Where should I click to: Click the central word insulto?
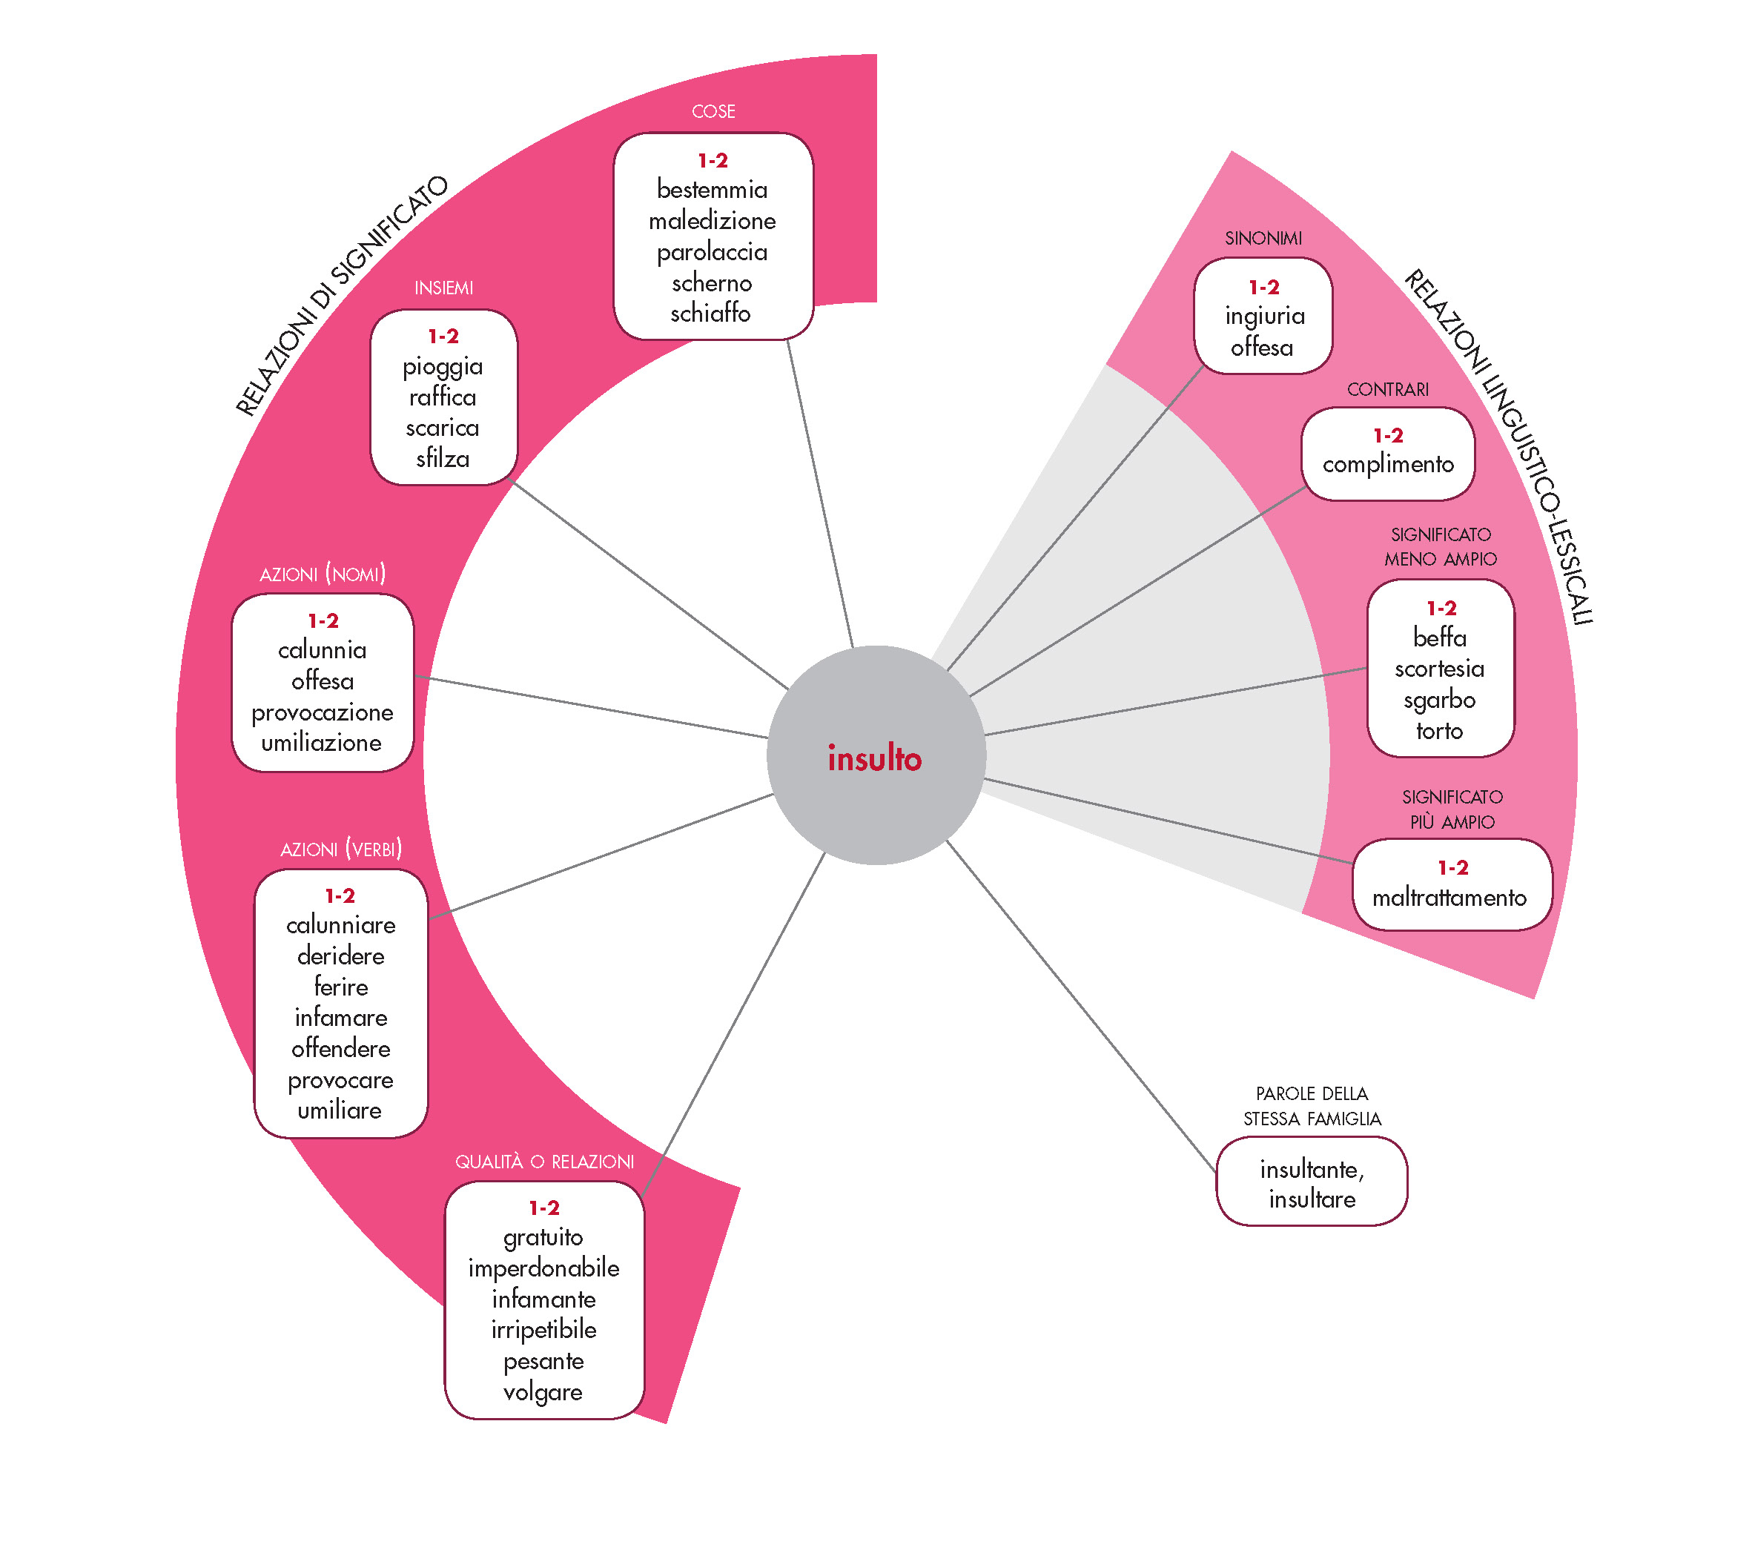(874, 758)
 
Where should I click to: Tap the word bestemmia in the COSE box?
(713, 189)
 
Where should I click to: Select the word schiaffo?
(710, 314)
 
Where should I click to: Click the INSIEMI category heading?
(443, 288)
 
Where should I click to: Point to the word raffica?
(443, 397)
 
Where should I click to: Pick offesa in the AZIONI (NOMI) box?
(323, 681)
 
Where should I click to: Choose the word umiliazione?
(322, 743)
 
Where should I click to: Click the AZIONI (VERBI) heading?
(340, 849)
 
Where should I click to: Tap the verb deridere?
(340, 955)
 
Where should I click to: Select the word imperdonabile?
(543, 1268)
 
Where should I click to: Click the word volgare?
(543, 1391)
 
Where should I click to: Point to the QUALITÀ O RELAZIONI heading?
(544, 1162)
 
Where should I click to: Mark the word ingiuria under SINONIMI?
(1264, 317)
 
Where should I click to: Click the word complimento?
(1388, 464)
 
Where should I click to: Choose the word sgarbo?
(1439, 700)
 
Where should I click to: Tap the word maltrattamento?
(1449, 898)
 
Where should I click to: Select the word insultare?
(1312, 1199)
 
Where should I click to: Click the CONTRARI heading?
(1388, 390)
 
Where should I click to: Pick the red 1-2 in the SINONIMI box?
(1263, 287)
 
